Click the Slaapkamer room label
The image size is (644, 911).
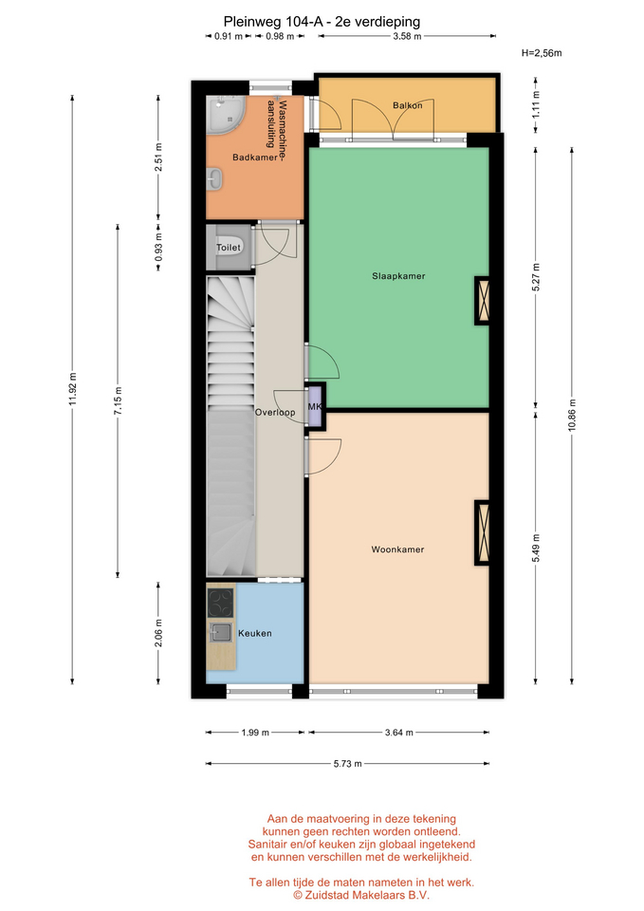(x=398, y=276)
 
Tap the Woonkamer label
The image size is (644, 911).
(x=397, y=549)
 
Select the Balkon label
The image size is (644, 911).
(x=408, y=105)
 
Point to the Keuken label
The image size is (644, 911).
(x=255, y=633)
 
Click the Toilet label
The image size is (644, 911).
(x=229, y=248)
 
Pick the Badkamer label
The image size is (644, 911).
(x=255, y=158)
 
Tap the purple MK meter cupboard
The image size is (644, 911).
(x=314, y=407)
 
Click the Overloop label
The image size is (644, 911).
(x=275, y=413)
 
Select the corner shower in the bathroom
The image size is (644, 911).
(x=227, y=114)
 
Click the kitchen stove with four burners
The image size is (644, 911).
(x=221, y=604)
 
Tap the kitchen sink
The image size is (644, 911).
(x=221, y=632)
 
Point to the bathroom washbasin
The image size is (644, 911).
(x=214, y=179)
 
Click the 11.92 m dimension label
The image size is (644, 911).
(x=73, y=389)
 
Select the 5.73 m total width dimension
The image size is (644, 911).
(x=347, y=763)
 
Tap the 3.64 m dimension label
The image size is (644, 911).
(x=399, y=733)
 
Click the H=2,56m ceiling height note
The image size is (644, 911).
(x=542, y=53)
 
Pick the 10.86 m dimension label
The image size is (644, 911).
(x=572, y=416)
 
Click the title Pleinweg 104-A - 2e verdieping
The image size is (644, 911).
(x=322, y=22)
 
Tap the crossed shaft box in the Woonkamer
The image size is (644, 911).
(x=482, y=532)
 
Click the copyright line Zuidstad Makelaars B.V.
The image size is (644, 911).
(x=361, y=895)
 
